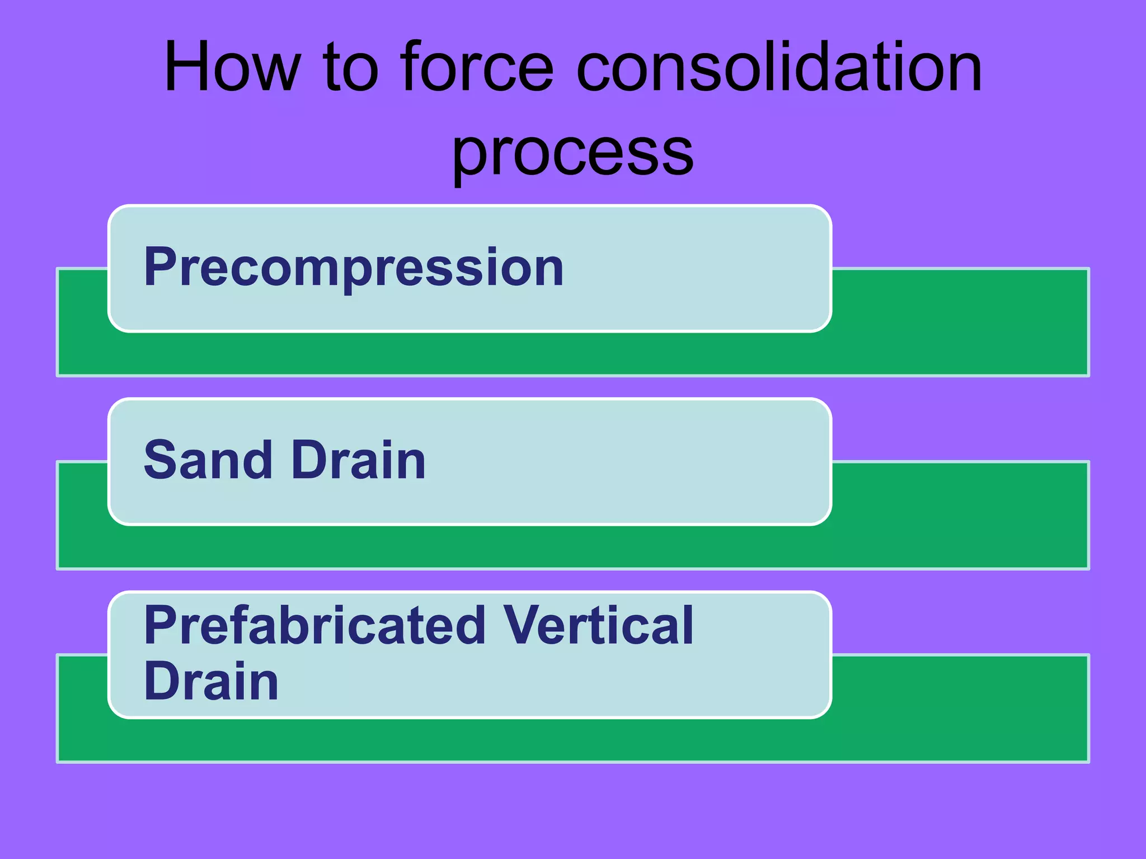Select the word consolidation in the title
click(778, 67)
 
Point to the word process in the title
click(572, 154)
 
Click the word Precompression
click(354, 268)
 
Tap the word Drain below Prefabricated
click(211, 681)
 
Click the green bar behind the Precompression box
click(951, 324)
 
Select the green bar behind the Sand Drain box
click(951, 517)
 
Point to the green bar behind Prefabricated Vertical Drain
click(951, 710)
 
